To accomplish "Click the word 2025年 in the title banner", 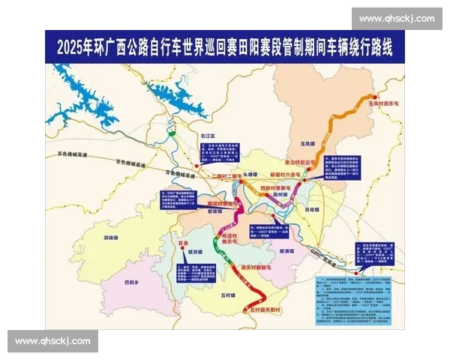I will pos(74,45).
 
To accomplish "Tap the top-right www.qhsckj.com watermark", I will pos(397,18).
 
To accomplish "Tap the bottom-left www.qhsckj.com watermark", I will pos(53,341).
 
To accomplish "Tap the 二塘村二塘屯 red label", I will pos(224,176).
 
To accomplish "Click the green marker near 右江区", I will pos(170,133).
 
